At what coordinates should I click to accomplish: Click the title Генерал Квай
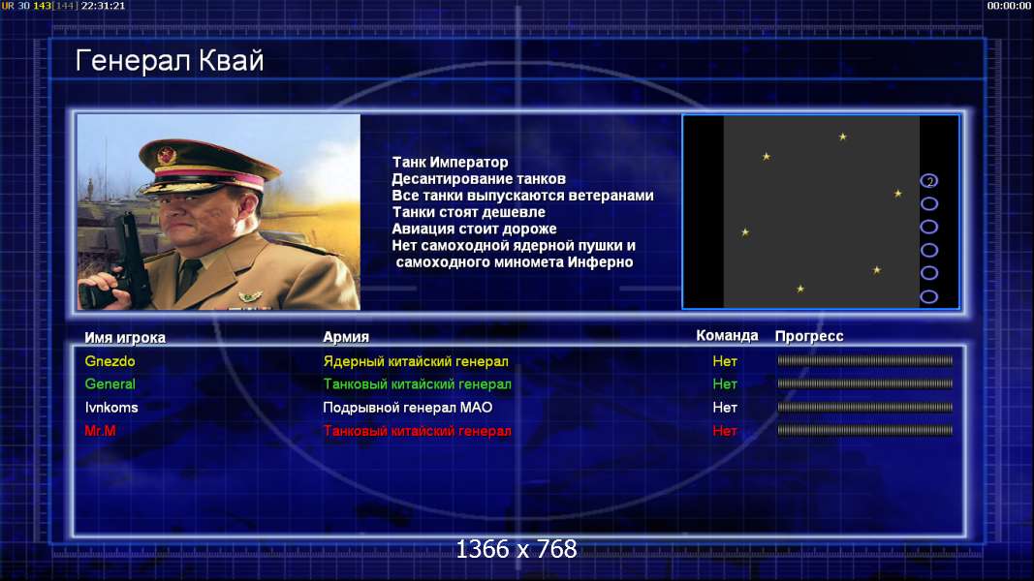point(170,61)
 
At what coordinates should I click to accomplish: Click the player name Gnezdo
point(110,361)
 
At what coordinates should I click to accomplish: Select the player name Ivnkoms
point(110,407)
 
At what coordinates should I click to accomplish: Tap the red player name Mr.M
point(100,431)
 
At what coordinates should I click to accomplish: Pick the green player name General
point(110,384)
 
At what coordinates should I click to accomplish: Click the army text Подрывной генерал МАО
point(408,407)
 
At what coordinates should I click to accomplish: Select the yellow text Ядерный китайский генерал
point(416,361)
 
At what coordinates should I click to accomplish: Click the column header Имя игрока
point(125,337)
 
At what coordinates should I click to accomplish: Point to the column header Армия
point(346,337)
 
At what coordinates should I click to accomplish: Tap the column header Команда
point(727,335)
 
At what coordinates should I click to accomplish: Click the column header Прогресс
point(809,336)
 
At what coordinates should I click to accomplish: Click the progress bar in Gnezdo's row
point(865,360)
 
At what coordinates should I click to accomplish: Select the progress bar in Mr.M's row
point(865,430)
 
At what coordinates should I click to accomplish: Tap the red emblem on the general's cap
point(167,156)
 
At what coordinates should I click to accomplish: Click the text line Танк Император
point(450,162)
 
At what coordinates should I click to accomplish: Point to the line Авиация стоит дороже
point(474,229)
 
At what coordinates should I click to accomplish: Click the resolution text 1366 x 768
point(517,549)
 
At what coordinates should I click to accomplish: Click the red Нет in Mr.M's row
point(725,431)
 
